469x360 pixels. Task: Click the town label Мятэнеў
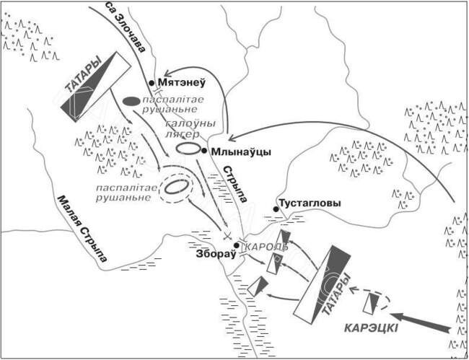182,82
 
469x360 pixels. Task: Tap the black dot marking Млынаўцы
204,151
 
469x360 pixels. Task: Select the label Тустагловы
310,203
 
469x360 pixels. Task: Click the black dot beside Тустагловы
276,209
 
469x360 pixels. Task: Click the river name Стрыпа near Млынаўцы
235,183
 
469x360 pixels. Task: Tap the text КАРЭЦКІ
371,328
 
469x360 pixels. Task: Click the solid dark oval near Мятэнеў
131,101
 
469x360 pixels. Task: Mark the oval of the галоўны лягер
188,149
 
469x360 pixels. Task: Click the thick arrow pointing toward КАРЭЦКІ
420,322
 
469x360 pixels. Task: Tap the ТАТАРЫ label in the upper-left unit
84,76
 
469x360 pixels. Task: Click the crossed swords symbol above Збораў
227,236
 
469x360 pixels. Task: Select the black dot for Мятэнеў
152,83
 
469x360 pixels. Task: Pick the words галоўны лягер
190,128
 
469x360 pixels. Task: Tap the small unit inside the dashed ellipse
371,303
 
